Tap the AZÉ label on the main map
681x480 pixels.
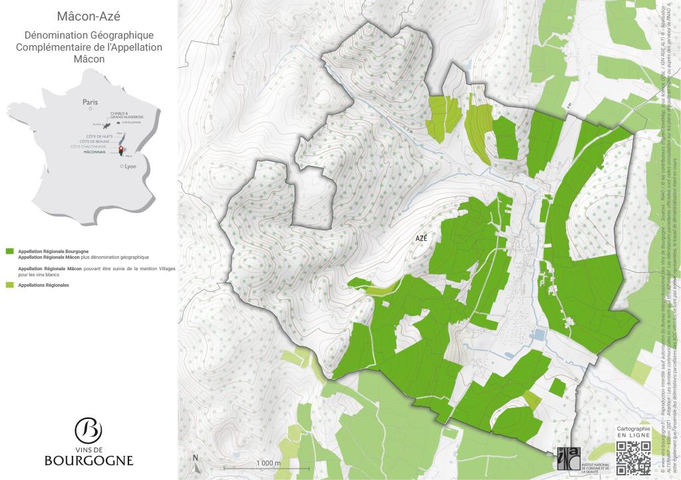point(422,239)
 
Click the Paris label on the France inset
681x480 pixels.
point(90,102)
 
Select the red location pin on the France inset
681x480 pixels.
point(121,149)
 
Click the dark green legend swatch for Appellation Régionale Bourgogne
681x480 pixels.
point(9,252)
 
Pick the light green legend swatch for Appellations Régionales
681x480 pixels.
point(9,285)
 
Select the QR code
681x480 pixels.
point(633,457)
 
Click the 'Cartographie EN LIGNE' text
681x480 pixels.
point(633,432)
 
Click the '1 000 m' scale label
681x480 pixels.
point(268,463)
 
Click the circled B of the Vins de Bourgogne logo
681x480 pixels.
point(88,430)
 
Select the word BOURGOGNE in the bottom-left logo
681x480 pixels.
point(88,460)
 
